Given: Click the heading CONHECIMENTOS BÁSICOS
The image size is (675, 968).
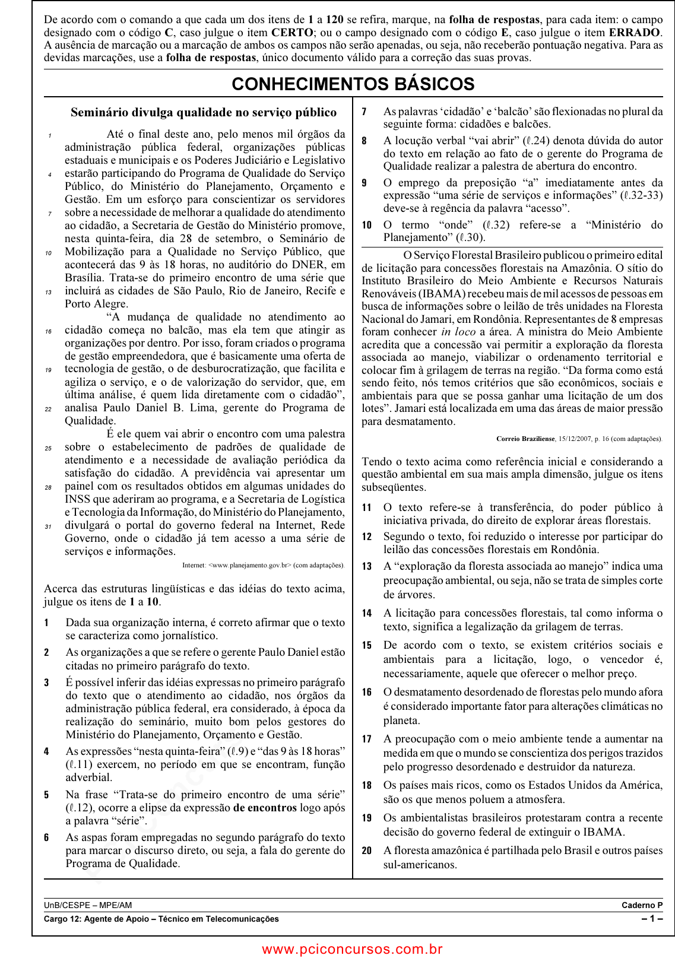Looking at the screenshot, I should (x=353, y=84).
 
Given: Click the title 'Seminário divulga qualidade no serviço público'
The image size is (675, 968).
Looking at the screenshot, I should (x=204, y=112).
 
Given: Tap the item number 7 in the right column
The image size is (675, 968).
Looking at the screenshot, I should (x=364, y=112).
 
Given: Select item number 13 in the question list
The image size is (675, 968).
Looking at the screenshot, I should (x=367, y=566).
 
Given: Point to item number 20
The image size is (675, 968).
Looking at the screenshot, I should (x=367, y=850).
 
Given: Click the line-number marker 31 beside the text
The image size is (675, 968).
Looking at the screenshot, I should (x=48, y=526).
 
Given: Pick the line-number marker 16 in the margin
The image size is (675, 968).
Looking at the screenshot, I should (x=48, y=331).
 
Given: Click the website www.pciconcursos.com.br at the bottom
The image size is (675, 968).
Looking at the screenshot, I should (x=353, y=949).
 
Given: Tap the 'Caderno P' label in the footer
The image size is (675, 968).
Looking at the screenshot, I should (x=642, y=905).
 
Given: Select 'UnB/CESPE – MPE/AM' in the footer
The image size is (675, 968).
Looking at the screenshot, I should (x=88, y=905).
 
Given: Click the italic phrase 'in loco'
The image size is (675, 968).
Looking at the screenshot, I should (x=458, y=332).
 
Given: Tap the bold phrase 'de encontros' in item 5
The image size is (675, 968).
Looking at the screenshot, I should (x=265, y=808).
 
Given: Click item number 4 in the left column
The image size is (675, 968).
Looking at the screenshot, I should (x=46, y=751).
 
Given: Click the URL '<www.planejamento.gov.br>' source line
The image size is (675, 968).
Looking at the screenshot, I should (x=249, y=565).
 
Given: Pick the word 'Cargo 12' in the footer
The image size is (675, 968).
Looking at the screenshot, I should (x=61, y=919).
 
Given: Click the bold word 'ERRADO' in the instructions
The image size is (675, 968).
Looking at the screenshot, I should (x=629, y=33).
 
